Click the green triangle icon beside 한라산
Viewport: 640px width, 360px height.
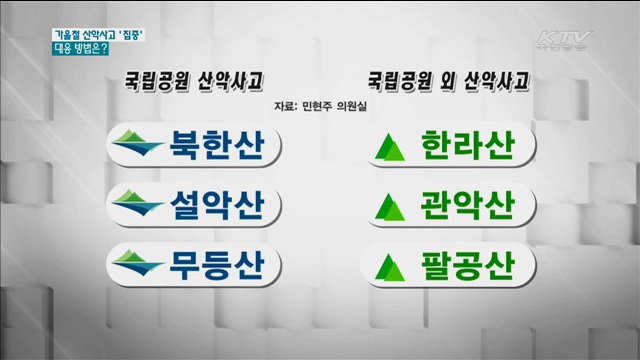[x=388, y=149]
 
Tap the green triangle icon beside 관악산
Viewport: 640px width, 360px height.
[x=388, y=208]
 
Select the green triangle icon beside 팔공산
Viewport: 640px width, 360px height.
[x=388, y=267]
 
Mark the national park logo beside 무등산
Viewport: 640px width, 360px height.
[x=139, y=265]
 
